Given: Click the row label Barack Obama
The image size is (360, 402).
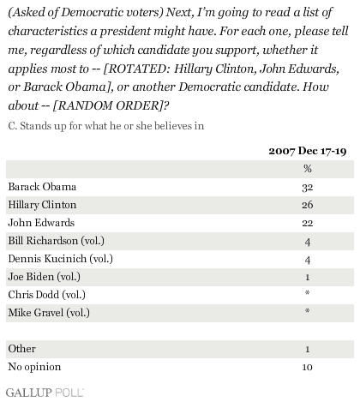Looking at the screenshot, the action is pyautogui.click(x=42, y=187).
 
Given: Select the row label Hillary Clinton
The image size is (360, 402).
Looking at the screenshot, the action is pyautogui.click(x=42, y=205).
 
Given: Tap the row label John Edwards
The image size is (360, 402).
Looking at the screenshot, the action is pyautogui.click(x=41, y=223).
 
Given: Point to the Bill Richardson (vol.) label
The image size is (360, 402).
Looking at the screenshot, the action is pyautogui.click(x=57, y=241).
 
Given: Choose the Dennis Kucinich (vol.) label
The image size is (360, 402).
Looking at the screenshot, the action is pyautogui.click(x=61, y=259).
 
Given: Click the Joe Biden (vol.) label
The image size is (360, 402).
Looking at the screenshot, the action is pyautogui.click(x=45, y=277).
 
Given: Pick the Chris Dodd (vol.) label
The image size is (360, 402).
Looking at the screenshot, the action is pyautogui.click(x=47, y=295).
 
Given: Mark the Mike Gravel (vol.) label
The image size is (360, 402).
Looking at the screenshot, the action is pyautogui.click(x=49, y=313).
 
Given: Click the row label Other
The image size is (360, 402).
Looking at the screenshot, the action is pyautogui.click(x=22, y=349).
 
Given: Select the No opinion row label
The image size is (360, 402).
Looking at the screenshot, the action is pyautogui.click(x=34, y=367).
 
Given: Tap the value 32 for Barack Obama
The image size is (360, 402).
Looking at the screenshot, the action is pyautogui.click(x=308, y=188).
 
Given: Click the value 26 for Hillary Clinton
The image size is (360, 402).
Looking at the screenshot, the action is pyautogui.click(x=308, y=205).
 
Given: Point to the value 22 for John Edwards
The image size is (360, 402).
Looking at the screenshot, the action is pyautogui.click(x=308, y=223).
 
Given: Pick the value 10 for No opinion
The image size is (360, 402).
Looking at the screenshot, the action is pyautogui.click(x=308, y=367).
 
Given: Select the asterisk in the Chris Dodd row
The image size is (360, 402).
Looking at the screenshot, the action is pyautogui.click(x=308, y=292).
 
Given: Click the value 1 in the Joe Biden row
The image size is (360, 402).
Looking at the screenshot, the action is pyautogui.click(x=308, y=277).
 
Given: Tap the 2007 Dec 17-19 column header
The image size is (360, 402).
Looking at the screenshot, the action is pyautogui.click(x=308, y=151).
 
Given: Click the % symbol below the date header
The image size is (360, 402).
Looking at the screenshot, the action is pyautogui.click(x=308, y=169).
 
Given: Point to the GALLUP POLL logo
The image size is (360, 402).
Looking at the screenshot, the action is pyautogui.click(x=45, y=393).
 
